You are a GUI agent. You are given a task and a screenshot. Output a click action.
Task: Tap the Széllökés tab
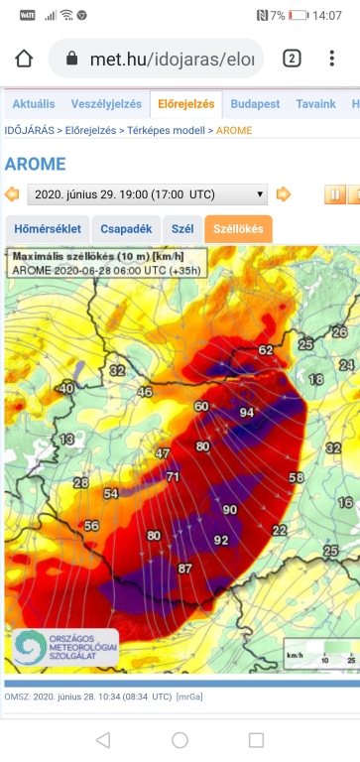point(238,229)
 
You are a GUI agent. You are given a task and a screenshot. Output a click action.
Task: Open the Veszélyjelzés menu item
point(106,104)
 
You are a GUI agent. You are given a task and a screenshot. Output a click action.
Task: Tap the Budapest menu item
point(255,104)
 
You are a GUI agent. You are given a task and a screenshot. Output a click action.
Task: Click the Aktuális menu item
point(33,104)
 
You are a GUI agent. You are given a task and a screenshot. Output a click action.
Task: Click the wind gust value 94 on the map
point(247,413)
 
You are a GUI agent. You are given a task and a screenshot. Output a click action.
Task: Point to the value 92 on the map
point(220,541)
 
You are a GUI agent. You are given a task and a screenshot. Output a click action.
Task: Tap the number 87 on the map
point(184,569)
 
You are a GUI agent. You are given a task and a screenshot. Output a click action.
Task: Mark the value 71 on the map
point(173,477)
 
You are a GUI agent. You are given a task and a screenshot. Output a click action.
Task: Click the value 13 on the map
point(67,439)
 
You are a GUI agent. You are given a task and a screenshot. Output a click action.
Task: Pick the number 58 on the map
point(296,477)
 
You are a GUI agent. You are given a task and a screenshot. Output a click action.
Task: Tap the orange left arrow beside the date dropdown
point(13,194)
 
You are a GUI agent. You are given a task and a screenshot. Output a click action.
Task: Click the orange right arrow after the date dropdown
point(284,194)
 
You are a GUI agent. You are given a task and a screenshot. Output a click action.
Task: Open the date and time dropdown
point(147,194)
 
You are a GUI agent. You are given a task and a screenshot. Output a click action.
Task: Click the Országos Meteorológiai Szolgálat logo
point(62,647)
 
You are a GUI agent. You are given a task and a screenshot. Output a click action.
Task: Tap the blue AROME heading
point(35,164)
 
